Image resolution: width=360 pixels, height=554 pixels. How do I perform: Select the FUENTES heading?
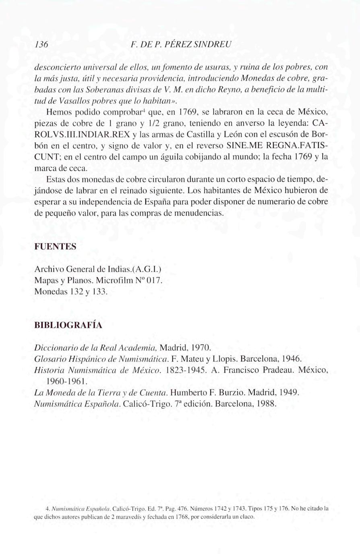pos(55,246)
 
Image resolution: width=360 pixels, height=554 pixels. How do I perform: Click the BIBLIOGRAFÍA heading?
pos(68,325)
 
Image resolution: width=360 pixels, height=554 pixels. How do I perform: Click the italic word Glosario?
pos(49,358)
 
